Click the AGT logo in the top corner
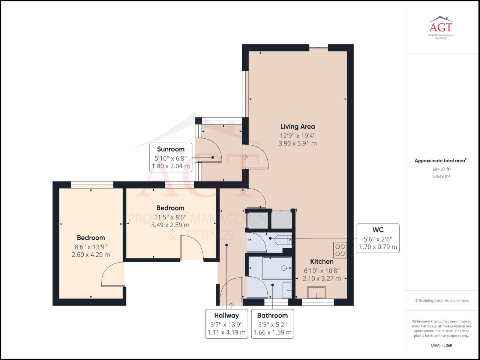pyautogui.click(x=441, y=27)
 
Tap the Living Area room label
pyautogui.click(x=298, y=126)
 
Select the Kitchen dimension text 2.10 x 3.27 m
pyautogui.click(x=322, y=279)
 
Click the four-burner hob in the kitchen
pyautogui.click(x=340, y=250)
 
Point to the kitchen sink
pyautogui.click(x=316, y=292)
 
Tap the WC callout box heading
pyautogui.click(x=378, y=230)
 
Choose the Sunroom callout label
pyautogui.click(x=171, y=149)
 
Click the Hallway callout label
pyautogui.click(x=226, y=315)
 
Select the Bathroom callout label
pyautogui.click(x=273, y=315)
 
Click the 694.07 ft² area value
pyautogui.click(x=441, y=169)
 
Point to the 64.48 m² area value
pyautogui.click(x=441, y=176)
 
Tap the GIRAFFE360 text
pyautogui.click(x=441, y=345)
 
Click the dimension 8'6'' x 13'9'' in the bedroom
pyautogui.click(x=91, y=247)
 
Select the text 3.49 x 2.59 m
pyautogui.click(x=170, y=225)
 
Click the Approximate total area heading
pyautogui.click(x=441, y=160)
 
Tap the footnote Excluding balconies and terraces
pyautogui.click(x=441, y=300)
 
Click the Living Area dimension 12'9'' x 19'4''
pyautogui.click(x=298, y=136)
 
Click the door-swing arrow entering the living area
pyautogui.click(x=245, y=157)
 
